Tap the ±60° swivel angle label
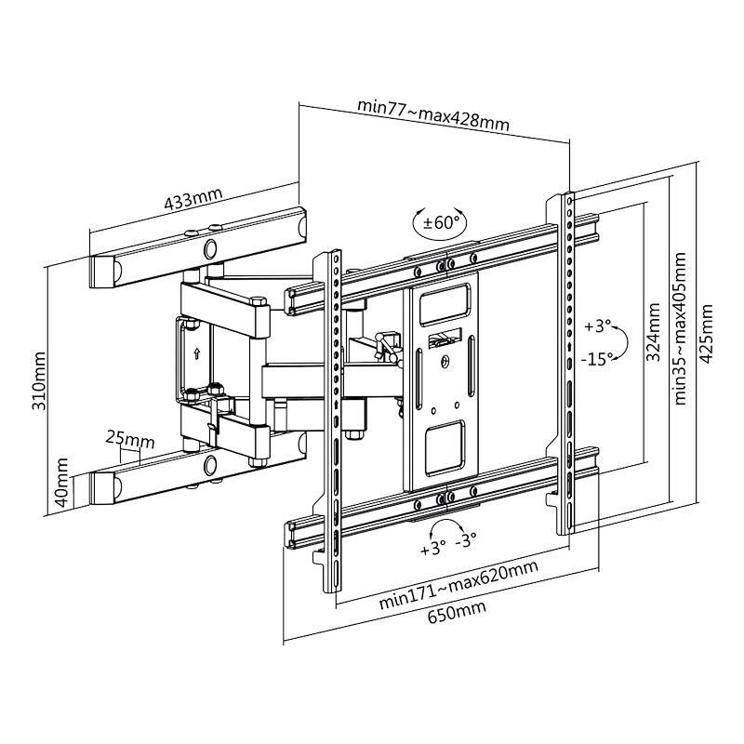tap(442, 223)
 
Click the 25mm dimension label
tap(129, 437)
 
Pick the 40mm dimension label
tap(62, 481)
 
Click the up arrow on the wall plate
tap(197, 353)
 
